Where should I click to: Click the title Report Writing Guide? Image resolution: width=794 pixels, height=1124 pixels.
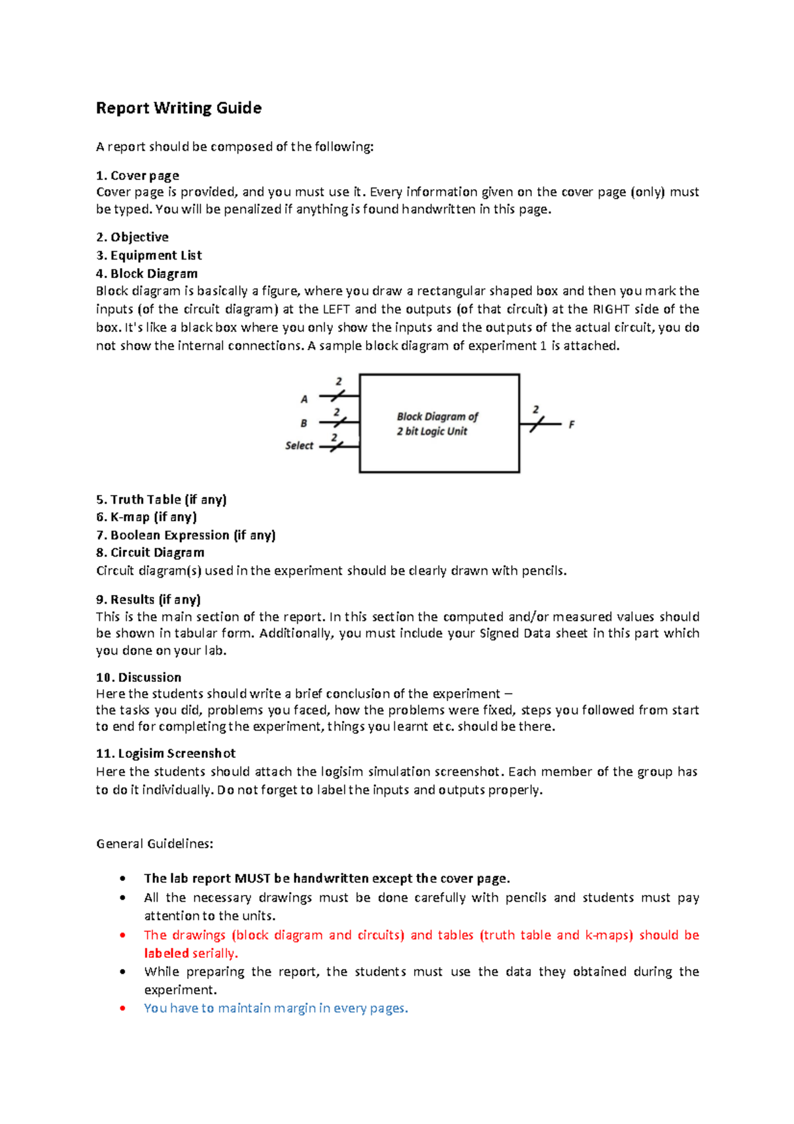click(x=179, y=108)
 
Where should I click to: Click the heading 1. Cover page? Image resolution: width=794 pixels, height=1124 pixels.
click(x=138, y=175)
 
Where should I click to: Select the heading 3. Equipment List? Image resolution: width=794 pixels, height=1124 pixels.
click(x=149, y=256)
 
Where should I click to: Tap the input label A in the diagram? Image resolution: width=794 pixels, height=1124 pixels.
click(x=304, y=399)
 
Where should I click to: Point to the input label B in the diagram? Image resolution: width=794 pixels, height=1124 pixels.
click(x=304, y=423)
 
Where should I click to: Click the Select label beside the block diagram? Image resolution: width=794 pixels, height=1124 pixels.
click(x=299, y=445)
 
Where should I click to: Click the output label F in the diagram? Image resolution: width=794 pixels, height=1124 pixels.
click(x=572, y=424)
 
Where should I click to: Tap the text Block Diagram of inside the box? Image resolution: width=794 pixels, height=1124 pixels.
click(x=437, y=416)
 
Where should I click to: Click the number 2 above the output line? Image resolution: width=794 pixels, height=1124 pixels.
click(x=536, y=410)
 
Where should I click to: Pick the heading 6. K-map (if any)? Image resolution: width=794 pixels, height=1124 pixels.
click(x=146, y=517)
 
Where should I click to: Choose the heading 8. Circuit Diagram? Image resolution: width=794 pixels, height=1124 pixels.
click(x=150, y=553)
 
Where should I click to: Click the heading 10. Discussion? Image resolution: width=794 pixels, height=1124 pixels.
click(x=138, y=677)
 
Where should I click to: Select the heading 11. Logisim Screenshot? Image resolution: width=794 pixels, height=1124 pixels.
click(x=165, y=753)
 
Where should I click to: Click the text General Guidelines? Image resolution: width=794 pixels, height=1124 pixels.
click(x=155, y=844)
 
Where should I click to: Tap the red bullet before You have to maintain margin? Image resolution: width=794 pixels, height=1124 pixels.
click(x=122, y=1008)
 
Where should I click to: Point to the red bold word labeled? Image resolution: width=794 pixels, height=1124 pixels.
click(x=167, y=953)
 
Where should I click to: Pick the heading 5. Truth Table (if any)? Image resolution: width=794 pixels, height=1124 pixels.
click(x=161, y=500)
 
